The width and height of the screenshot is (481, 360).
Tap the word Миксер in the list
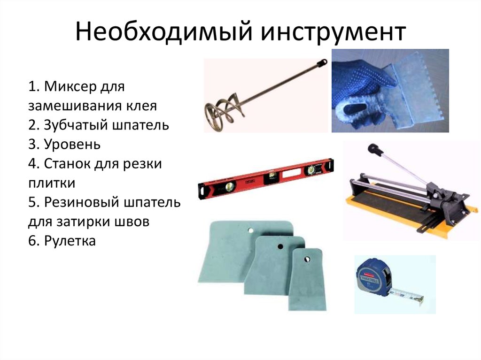(70, 86)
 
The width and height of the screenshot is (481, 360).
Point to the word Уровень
(72, 145)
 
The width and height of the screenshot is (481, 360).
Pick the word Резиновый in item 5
(81, 202)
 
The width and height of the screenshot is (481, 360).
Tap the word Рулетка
(70, 241)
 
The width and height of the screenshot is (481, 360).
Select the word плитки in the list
(52, 183)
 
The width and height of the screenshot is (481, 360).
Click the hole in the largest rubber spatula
(251, 230)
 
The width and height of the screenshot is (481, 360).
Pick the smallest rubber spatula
(307, 279)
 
